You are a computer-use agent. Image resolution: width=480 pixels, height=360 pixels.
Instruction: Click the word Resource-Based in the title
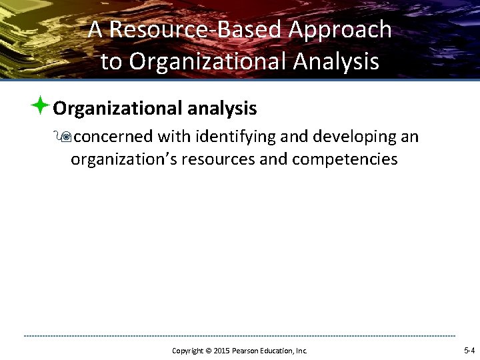195,30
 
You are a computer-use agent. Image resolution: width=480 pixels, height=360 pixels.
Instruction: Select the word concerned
112,137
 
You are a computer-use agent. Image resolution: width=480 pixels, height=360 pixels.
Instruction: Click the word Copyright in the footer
187,351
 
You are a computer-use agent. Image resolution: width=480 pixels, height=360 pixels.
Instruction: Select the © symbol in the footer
208,351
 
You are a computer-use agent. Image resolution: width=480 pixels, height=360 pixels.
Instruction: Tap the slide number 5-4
469,350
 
